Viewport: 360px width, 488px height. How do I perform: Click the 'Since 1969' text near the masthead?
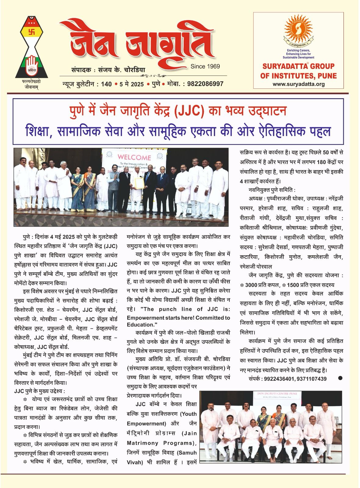(x=205, y=66)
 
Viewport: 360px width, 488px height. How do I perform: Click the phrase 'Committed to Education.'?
(x=178, y=321)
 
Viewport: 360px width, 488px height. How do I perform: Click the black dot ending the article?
(x=340, y=378)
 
